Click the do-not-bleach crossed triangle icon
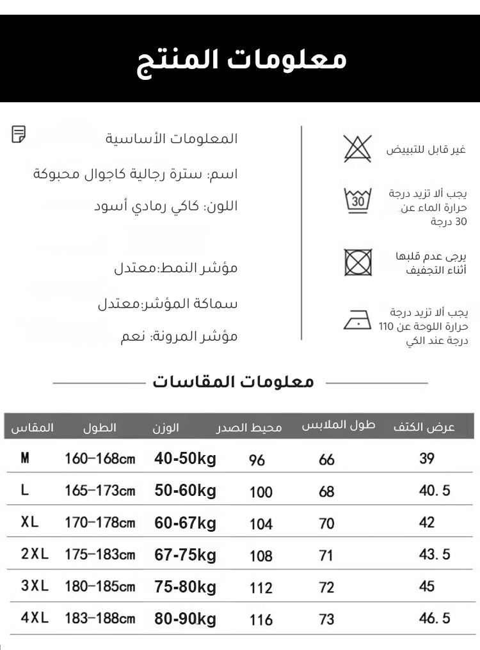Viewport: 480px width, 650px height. (x=357, y=148)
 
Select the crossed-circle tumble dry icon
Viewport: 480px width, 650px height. (x=358, y=262)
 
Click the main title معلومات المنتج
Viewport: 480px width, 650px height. (x=242, y=60)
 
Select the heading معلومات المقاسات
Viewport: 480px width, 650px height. (x=234, y=382)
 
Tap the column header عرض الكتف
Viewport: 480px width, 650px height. (x=424, y=427)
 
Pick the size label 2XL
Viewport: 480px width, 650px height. (x=35, y=554)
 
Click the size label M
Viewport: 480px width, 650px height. (x=25, y=458)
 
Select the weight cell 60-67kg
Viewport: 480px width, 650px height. (x=186, y=523)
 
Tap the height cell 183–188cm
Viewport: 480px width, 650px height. (x=100, y=618)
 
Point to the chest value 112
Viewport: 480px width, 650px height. (x=261, y=587)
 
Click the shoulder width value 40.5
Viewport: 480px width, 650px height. (x=435, y=490)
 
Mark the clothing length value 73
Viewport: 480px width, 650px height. (x=326, y=619)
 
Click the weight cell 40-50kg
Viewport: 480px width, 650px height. (x=186, y=458)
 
